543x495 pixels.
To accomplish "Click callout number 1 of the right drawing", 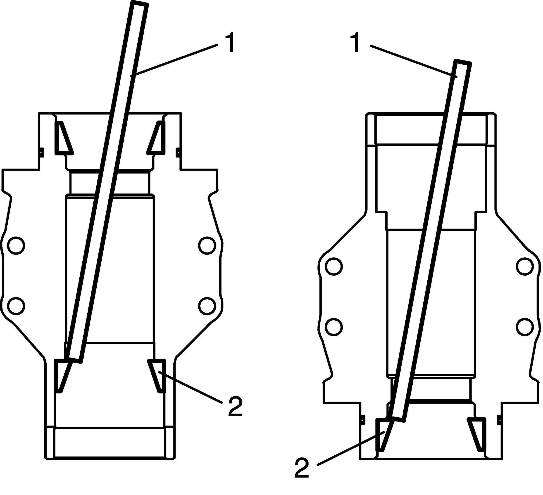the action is click(356, 44).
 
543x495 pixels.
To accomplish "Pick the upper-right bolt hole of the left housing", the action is click(207, 245).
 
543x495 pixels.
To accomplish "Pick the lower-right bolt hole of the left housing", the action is click(207, 306).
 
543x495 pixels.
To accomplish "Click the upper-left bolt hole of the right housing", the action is click(334, 267).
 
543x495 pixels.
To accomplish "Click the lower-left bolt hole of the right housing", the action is click(334, 327).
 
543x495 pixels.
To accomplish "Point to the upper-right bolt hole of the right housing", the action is click(525, 267).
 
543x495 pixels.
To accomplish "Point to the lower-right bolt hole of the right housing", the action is click(525, 327).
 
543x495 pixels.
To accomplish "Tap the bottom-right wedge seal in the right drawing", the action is click(478, 435).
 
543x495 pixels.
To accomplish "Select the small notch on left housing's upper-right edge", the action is click(178, 152).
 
